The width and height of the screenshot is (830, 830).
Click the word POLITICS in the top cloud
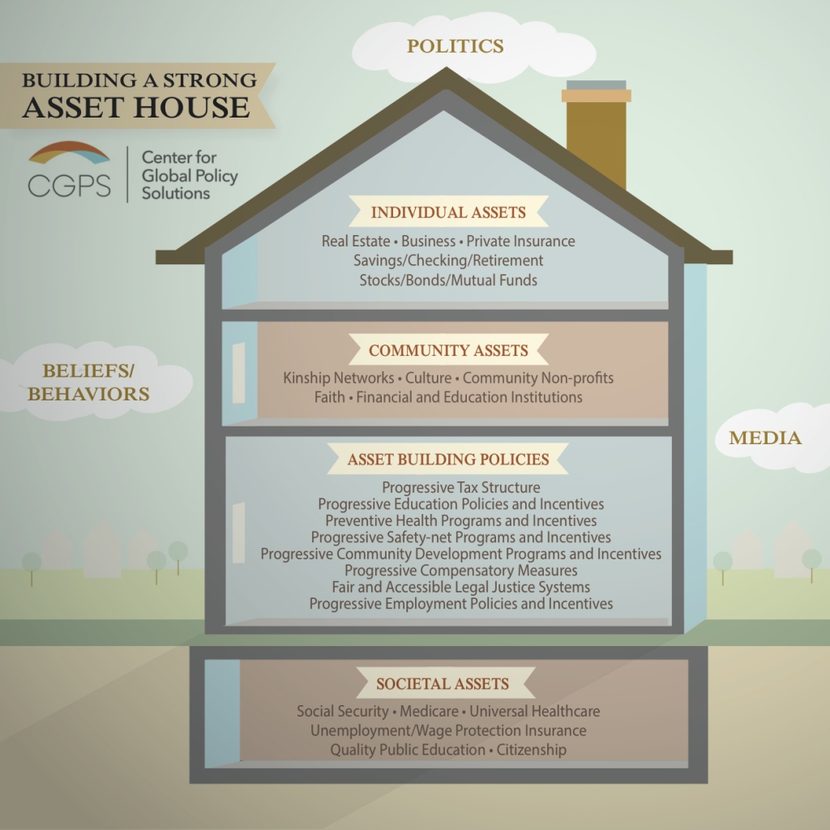coord(455,46)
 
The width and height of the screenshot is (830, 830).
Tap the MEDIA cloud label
coord(765,439)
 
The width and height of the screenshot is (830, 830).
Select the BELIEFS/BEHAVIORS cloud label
coord(96,383)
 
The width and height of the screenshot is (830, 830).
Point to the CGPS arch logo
coord(68,153)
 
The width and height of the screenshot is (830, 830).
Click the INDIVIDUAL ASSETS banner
coord(448,213)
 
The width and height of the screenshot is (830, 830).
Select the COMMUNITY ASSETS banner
coord(448,351)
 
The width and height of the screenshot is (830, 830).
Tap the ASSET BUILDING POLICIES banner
coord(448,460)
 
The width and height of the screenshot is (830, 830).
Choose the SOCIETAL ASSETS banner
coord(443,684)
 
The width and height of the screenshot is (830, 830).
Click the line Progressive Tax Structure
coord(461,488)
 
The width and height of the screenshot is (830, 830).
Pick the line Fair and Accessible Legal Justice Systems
coord(461,588)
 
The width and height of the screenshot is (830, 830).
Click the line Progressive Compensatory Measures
coord(461,571)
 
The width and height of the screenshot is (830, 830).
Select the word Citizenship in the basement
coord(532,751)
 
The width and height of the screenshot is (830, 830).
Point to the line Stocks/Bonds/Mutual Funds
coord(448,280)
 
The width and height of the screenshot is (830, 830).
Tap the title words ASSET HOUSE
coord(136,108)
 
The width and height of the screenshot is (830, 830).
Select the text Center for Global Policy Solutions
coord(190,175)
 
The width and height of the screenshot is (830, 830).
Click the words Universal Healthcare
coord(535,712)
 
